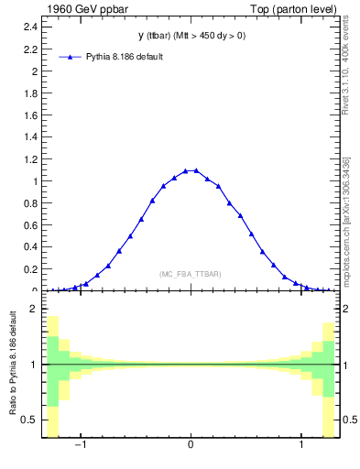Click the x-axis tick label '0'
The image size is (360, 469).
pos(191,446)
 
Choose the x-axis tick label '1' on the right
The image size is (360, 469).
pos(302,446)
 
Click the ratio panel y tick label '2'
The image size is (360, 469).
pos(34,310)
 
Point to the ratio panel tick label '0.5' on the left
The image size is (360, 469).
pos(30,420)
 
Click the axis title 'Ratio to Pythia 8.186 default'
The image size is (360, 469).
pos(15,365)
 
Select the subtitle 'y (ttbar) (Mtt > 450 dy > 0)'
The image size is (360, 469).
pos(191,37)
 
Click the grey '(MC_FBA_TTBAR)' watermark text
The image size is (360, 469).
pos(191,274)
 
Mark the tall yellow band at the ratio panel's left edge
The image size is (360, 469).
pos(53,376)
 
